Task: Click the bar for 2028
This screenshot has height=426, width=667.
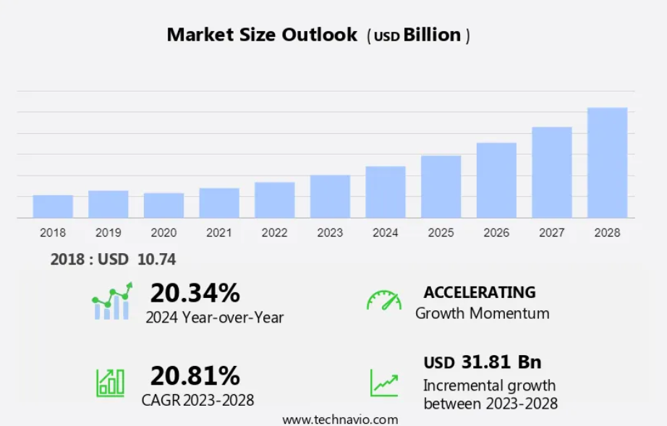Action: click(x=607, y=163)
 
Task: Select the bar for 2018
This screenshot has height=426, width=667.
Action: click(x=53, y=206)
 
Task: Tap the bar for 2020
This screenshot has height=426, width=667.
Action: click(x=163, y=205)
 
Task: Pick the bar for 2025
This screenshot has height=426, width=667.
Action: click(x=441, y=187)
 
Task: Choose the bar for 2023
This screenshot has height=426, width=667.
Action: click(x=330, y=196)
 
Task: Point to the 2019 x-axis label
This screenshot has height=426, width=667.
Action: click(x=108, y=233)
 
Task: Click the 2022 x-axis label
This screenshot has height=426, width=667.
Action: click(x=274, y=233)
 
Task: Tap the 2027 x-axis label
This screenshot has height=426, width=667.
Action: click(x=551, y=233)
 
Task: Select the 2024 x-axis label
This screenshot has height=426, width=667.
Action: click(x=385, y=233)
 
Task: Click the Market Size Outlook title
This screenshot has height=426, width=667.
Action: click(x=262, y=35)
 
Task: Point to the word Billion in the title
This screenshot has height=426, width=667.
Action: click(x=432, y=35)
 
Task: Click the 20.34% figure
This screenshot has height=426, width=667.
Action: click(x=195, y=293)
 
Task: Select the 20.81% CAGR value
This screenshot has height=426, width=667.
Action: click(x=195, y=375)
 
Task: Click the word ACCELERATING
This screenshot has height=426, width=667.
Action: click(x=480, y=292)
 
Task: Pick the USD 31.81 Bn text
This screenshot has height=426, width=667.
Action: click(x=482, y=362)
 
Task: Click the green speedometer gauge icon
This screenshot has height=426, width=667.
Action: click(x=383, y=300)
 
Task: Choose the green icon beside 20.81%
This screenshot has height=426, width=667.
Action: click(x=110, y=382)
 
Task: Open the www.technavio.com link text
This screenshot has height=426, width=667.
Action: click(x=339, y=419)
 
